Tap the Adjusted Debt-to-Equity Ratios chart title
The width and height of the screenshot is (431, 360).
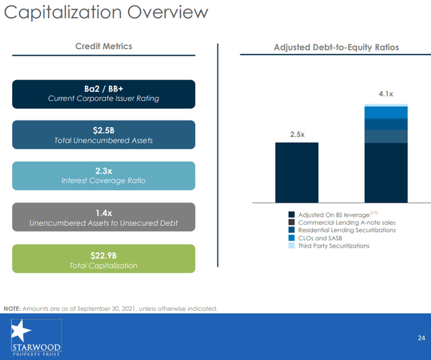click(x=336, y=47)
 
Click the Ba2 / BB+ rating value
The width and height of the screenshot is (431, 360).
click(x=104, y=89)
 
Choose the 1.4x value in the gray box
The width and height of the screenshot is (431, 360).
click(x=104, y=212)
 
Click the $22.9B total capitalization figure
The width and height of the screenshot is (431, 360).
click(x=104, y=255)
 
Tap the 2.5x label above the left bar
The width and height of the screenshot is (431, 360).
click(x=297, y=135)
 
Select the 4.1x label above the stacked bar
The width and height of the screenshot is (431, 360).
click(x=386, y=94)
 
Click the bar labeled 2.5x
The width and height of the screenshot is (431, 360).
click(x=297, y=172)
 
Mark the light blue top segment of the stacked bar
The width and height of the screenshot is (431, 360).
click(x=386, y=105)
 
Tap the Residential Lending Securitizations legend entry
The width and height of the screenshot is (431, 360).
click(x=346, y=230)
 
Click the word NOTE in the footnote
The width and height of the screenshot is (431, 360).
click(x=11, y=308)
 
